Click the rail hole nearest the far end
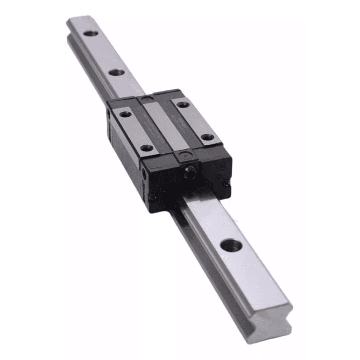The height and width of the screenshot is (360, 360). pyautogui.click(x=90, y=34)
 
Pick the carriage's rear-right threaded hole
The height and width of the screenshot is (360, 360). pyautogui.click(x=183, y=104)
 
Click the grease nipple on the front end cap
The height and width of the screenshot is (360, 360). pyautogui.click(x=190, y=173)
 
